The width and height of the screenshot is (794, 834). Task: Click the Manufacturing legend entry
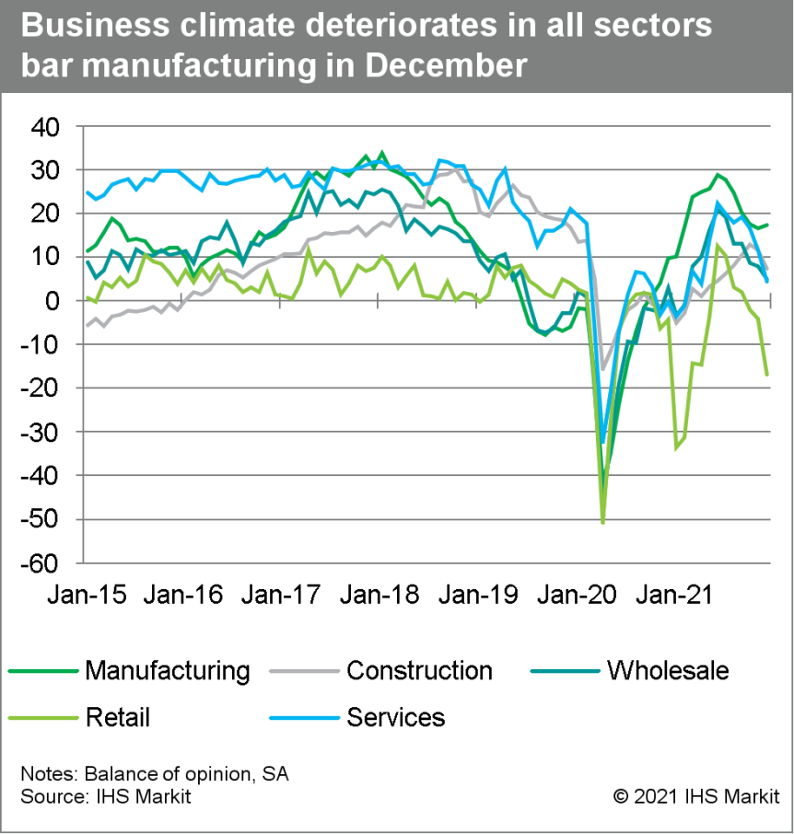point(167,670)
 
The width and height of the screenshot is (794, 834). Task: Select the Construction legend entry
point(419,670)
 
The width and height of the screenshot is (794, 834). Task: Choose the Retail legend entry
point(117,716)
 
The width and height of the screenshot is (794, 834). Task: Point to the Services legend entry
point(395,716)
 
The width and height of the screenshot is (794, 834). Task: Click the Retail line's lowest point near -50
point(602,522)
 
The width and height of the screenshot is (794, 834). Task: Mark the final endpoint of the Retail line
point(767,375)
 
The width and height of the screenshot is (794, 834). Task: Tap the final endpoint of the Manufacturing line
point(767,225)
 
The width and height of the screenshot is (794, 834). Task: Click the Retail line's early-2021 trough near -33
point(676,447)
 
